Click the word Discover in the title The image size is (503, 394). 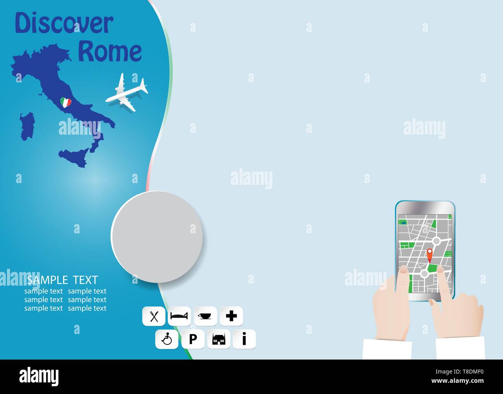point(64,24)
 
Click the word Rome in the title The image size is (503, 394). point(110,51)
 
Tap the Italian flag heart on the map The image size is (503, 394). point(66,103)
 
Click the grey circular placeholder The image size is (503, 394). point(157,236)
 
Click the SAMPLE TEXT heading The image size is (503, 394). point(62,280)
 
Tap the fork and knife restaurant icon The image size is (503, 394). point(154,316)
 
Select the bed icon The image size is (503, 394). point(180,316)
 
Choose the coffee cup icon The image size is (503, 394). point(205,316)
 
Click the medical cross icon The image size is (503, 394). point(231,316)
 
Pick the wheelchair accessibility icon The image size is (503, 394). point(167,339)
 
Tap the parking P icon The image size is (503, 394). point(193,339)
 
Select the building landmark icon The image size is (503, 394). point(219,339)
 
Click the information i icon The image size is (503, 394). point(244,339)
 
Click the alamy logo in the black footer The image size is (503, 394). point(39,376)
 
